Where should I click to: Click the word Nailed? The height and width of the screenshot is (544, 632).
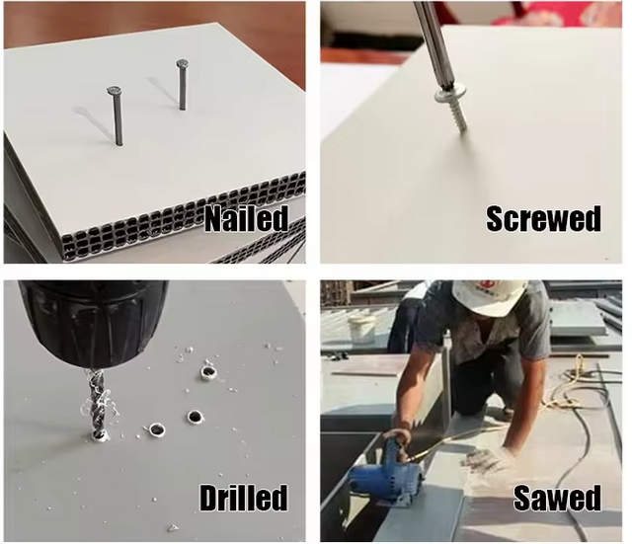point(247,218)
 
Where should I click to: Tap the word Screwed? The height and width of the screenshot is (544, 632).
point(543,218)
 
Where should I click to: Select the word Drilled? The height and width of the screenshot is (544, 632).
point(244,498)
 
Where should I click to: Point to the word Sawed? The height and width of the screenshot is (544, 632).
point(557,498)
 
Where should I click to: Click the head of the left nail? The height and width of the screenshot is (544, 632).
point(115,91)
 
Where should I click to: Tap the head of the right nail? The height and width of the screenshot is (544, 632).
point(183,63)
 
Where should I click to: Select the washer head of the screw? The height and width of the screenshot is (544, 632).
point(445,96)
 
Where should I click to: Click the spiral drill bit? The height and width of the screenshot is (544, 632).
point(97,403)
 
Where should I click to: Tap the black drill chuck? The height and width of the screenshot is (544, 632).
point(93,324)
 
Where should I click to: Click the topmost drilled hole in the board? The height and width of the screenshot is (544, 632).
point(208,373)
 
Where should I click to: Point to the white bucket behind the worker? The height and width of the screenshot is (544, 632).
point(362,329)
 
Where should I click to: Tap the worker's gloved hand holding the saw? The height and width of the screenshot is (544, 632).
point(400,439)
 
